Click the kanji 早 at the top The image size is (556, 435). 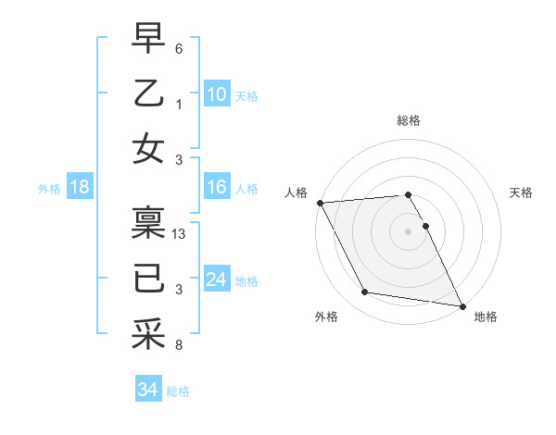148,38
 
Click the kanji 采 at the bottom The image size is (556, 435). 148,332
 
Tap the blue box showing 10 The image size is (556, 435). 216,93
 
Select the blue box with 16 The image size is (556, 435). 216,188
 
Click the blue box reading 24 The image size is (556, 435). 216,280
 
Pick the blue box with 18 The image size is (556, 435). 80,188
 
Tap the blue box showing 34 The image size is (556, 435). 147,390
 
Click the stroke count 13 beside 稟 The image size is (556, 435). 180,234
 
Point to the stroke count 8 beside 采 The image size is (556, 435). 179,345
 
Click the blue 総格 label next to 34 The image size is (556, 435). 178,391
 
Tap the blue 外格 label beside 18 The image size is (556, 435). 49,189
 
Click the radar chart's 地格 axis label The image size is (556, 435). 486,317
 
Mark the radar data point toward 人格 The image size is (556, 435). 320,203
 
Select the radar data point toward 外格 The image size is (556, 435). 365,292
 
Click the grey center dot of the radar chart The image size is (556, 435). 408,230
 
